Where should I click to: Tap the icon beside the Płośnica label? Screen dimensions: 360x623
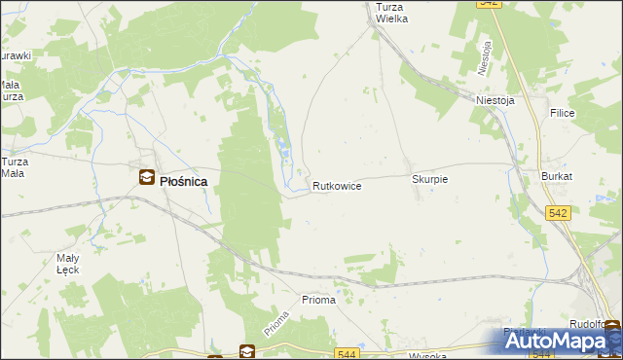pyautogui.click(x=146, y=177)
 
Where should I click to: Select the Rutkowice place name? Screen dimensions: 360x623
pyautogui.click(x=338, y=185)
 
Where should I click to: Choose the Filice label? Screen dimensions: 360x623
pyautogui.click(x=562, y=114)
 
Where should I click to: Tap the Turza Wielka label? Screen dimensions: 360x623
pyautogui.click(x=393, y=12)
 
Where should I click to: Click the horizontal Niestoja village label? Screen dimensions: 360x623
pyautogui.click(x=495, y=99)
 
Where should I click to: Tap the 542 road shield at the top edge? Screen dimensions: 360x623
pyautogui.click(x=490, y=4)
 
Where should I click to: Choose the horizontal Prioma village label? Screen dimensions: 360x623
pyautogui.click(x=318, y=300)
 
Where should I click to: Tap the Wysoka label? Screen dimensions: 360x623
pyautogui.click(x=427, y=355)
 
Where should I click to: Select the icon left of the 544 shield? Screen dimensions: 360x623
pyautogui.click(x=247, y=351)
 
